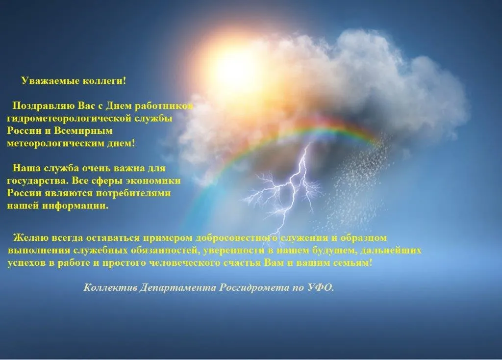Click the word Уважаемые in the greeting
pyautogui.click(x=50, y=80)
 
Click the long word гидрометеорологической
pyautogui.click(x=69, y=119)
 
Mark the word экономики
pyautogui.click(x=153, y=180)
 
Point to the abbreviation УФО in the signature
pyautogui.click(x=321, y=287)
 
